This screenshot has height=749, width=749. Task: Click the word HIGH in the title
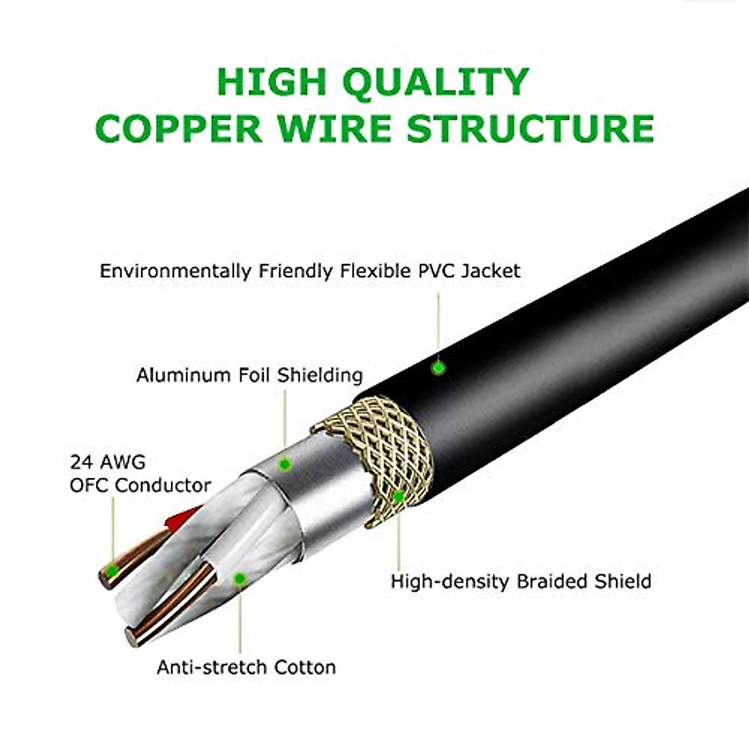[272, 82]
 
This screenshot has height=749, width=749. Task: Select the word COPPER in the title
[179, 128]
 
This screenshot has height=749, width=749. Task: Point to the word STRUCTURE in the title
[530, 128]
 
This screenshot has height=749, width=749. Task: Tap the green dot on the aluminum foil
[285, 464]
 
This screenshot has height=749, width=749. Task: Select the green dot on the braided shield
[399, 497]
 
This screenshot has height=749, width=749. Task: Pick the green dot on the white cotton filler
[239, 579]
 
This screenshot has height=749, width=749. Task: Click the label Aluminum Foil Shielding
[249, 375]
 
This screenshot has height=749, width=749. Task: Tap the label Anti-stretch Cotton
[246, 667]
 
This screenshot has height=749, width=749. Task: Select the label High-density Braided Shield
[521, 581]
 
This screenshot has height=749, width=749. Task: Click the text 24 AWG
[107, 463]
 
